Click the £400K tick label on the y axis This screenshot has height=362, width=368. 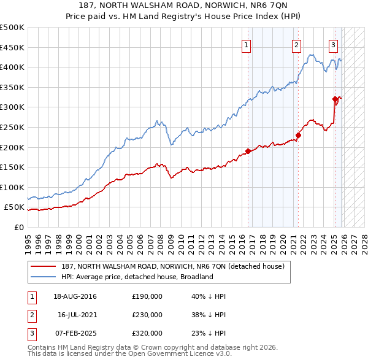[12, 67]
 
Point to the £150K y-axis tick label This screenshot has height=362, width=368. [12, 167]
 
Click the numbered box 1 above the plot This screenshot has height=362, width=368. [246, 44]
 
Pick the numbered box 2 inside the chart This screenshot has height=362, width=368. [296, 44]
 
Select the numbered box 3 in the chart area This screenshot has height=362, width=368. [333, 44]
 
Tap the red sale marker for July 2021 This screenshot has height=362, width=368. [298, 135]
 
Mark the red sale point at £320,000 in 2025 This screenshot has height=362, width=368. [335, 99]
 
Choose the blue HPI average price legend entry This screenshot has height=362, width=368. [137, 277]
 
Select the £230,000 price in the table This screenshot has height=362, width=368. [147, 315]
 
